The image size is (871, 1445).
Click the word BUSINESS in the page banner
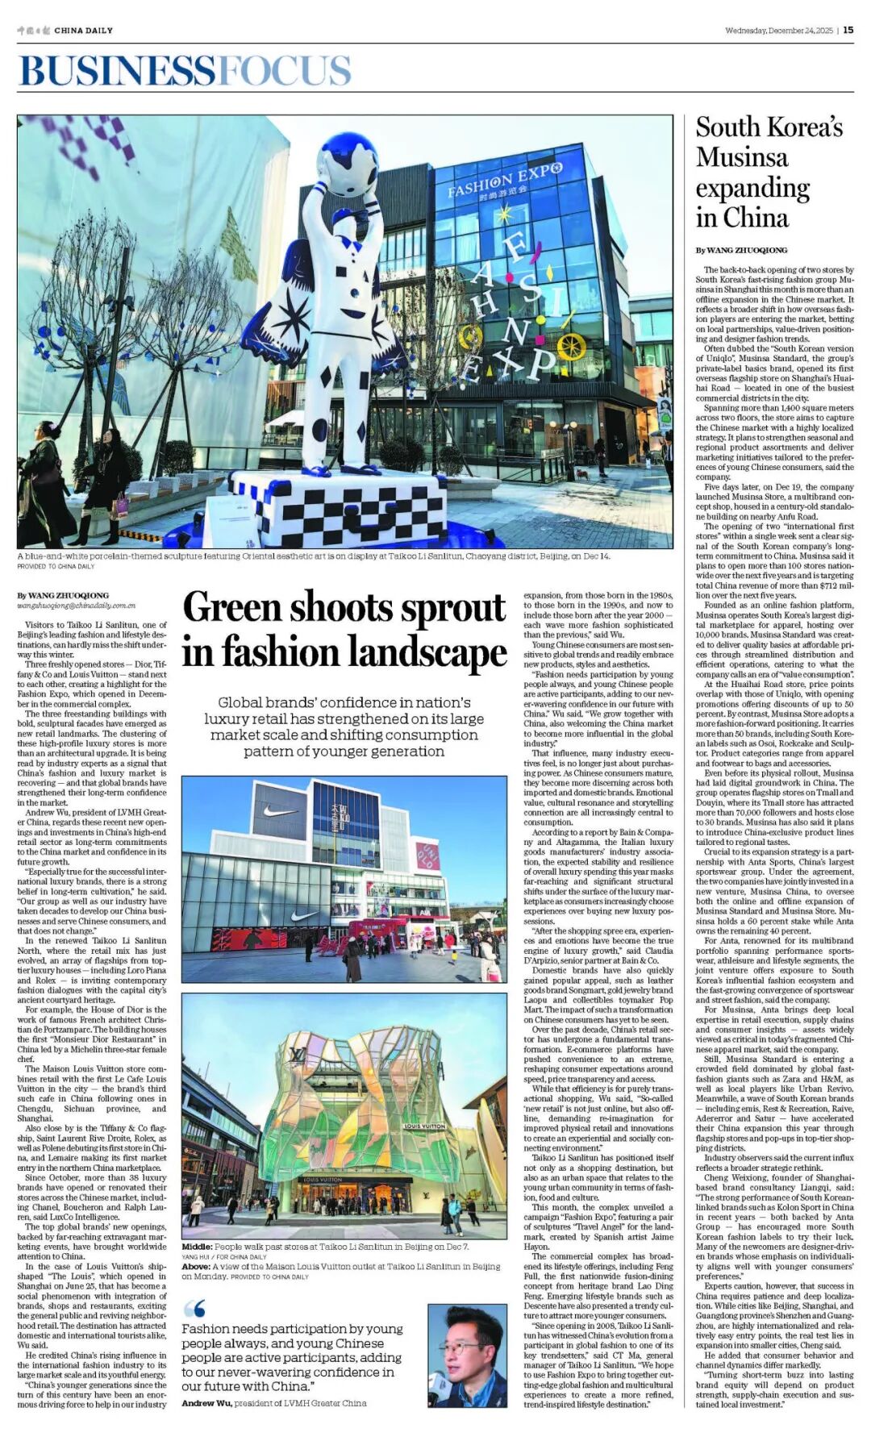[117, 71]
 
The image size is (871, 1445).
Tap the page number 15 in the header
[848, 31]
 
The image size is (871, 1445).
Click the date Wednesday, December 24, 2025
[778, 31]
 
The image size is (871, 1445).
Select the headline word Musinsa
[742, 156]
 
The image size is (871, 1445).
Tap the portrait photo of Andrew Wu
[467, 1356]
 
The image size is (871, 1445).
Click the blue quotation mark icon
[194, 1309]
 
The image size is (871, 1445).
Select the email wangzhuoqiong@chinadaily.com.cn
[77, 605]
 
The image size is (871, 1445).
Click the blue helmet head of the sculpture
[348, 163]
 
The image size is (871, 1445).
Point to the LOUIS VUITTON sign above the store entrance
[323, 1180]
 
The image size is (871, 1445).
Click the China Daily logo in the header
[65, 31]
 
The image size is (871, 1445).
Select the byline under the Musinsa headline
[741, 251]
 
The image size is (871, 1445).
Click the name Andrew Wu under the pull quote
[208, 1403]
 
